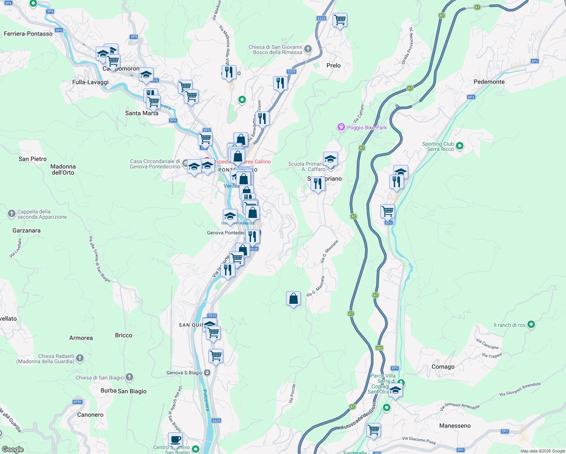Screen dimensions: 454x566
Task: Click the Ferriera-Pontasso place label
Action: click(x=28, y=34)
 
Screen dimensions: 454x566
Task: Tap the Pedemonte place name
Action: click(x=489, y=82)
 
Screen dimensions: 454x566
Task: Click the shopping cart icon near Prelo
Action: click(x=340, y=20)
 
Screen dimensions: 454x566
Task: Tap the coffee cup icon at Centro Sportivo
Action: click(x=175, y=440)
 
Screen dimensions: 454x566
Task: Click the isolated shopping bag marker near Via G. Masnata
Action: click(x=293, y=299)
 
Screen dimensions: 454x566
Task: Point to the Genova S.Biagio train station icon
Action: click(x=207, y=373)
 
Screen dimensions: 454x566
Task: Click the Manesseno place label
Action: click(x=455, y=426)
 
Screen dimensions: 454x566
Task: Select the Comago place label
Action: click(x=443, y=367)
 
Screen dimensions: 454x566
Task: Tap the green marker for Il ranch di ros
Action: click(x=531, y=325)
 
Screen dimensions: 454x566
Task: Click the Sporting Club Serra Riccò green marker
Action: click(x=460, y=146)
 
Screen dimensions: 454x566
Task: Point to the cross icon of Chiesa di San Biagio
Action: click(x=129, y=377)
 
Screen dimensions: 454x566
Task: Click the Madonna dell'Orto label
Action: click(x=63, y=169)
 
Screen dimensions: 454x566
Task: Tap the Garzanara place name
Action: click(x=26, y=230)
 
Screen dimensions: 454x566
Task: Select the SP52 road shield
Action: click(x=77, y=402)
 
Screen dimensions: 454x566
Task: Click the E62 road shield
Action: click(x=379, y=348)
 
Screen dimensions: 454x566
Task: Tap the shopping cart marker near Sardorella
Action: click(x=373, y=430)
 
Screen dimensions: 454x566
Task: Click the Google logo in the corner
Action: click(x=12, y=449)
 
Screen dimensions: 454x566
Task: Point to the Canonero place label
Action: click(x=90, y=415)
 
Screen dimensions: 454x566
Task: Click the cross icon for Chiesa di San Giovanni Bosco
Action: click(x=308, y=49)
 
